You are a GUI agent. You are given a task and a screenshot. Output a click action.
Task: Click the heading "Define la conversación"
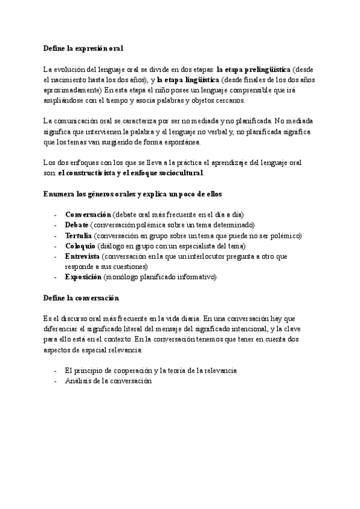[x=82, y=298]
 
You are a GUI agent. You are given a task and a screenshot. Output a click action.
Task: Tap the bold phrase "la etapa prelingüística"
[x=253, y=69]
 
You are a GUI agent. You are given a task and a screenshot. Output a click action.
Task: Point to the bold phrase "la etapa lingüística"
[x=188, y=79]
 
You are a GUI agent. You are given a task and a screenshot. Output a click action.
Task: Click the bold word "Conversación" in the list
[x=88, y=214]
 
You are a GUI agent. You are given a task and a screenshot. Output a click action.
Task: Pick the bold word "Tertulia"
[x=79, y=235]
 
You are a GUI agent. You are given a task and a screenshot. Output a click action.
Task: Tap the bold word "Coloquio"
[x=80, y=245]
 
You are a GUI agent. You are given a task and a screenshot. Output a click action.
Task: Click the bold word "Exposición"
[x=83, y=277]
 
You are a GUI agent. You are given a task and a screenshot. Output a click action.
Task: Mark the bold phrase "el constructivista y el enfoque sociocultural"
[x=131, y=173]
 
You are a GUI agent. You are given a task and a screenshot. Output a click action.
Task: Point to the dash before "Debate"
[x=56, y=224]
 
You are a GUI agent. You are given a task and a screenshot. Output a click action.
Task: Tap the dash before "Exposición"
[x=56, y=277]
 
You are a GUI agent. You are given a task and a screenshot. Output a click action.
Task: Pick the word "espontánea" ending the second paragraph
[x=185, y=142]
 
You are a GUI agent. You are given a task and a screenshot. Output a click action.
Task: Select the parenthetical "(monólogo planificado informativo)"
[x=160, y=277]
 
